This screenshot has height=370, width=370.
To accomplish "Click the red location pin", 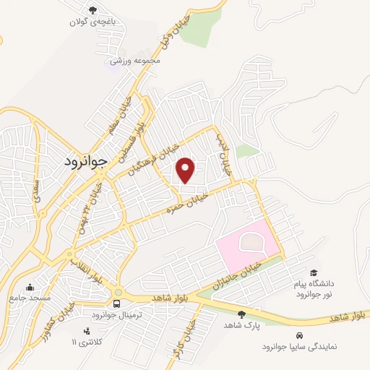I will point(186,170).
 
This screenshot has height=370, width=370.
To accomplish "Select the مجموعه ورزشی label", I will point(134,61).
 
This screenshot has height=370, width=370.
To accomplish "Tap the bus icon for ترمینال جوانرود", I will point(116,303).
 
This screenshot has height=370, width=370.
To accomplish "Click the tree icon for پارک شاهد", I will point(241,314).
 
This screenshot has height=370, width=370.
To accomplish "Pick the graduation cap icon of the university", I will point(314,273).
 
